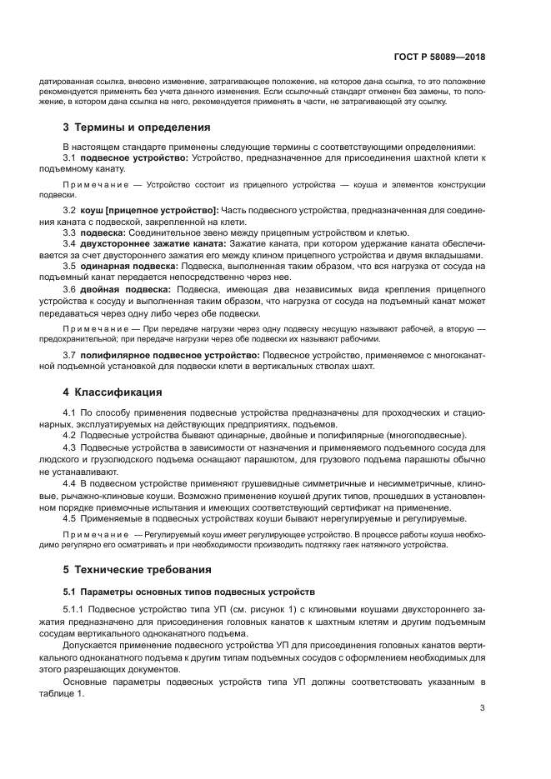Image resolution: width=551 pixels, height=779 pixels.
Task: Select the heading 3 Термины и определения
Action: tap(137, 127)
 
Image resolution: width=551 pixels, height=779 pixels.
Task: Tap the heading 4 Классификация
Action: tap(113, 392)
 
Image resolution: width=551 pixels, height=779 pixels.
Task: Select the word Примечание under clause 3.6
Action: tap(89, 329)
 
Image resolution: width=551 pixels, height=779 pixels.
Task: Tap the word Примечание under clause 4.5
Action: tap(89, 532)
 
